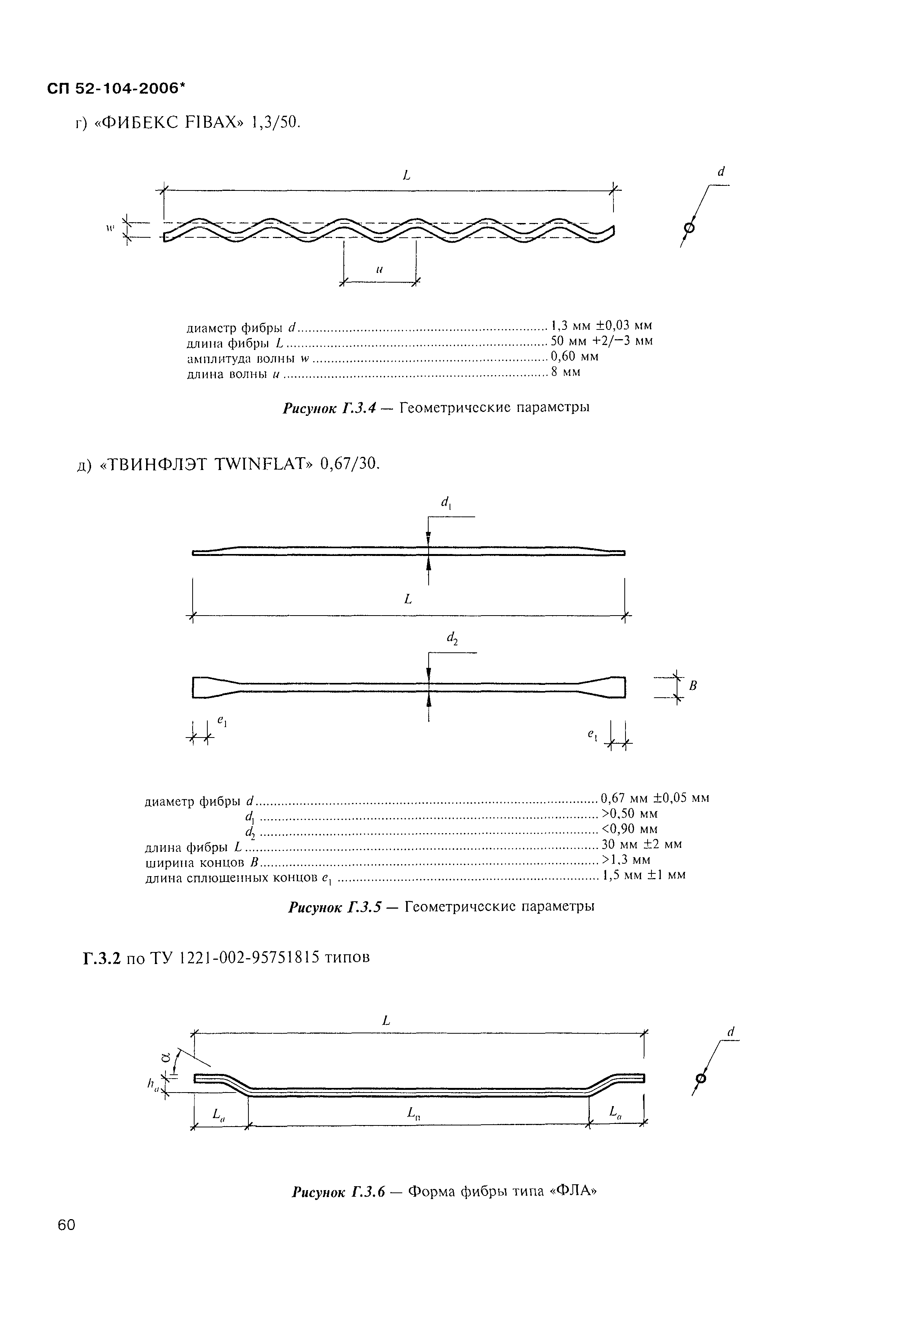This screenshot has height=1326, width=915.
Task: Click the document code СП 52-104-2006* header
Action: click(x=117, y=89)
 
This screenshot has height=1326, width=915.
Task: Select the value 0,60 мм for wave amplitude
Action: click(x=574, y=356)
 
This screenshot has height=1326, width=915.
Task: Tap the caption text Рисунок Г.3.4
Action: click(x=329, y=408)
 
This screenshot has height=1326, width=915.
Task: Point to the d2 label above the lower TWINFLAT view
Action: click(x=451, y=638)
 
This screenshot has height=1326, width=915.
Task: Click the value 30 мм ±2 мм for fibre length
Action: click(x=641, y=844)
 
